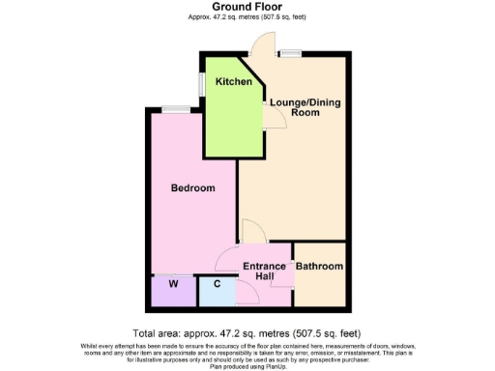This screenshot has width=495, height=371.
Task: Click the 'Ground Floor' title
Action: (x=247, y=7)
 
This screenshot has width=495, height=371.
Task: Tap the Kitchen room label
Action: (x=233, y=82)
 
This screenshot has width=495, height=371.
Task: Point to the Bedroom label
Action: (x=192, y=187)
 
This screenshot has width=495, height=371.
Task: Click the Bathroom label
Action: (x=319, y=266)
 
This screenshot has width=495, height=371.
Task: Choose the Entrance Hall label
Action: (x=264, y=271)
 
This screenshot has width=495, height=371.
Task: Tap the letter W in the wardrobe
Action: (x=172, y=284)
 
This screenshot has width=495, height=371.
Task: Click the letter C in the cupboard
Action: (x=217, y=284)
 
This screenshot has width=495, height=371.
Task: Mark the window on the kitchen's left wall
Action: (x=201, y=84)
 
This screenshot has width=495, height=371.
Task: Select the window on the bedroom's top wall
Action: (x=175, y=108)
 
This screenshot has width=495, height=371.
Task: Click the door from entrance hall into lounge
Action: (x=252, y=232)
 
